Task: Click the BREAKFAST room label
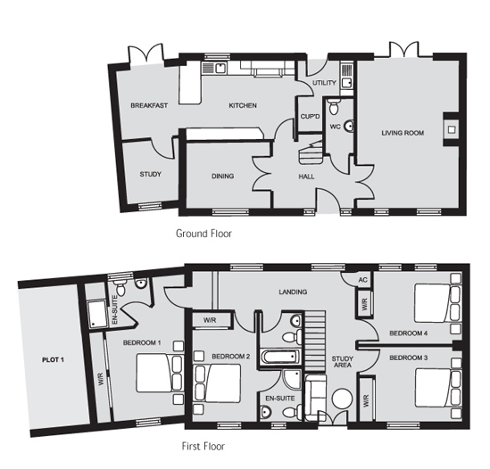149,105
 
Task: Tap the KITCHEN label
243,105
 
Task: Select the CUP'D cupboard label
310,117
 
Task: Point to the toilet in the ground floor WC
334,106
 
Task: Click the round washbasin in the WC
349,126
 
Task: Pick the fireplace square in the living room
452,129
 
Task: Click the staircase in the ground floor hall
311,152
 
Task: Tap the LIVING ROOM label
403,133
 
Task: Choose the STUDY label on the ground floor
150,174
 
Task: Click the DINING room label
223,177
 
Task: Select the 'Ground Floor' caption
203,234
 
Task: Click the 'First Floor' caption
203,446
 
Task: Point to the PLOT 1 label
54,359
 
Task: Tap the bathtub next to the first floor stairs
280,357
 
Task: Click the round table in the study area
342,399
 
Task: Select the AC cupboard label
362,280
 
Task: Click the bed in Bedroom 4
438,302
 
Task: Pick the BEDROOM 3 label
408,358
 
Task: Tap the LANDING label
293,292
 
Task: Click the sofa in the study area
315,398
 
